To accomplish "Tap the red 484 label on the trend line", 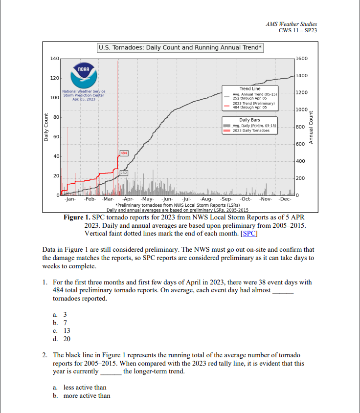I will tap(124, 153).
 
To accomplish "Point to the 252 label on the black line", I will tap(124, 173).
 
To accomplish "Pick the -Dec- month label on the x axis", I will tap(285, 199).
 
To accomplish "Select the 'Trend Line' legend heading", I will tap(249, 88).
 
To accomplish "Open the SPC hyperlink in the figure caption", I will tap(250, 234).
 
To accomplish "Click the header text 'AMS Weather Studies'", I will tap(292, 24).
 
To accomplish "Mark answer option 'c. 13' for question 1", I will tap(64, 330).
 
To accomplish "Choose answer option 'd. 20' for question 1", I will tap(64, 339).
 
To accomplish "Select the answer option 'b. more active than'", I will tap(82, 396).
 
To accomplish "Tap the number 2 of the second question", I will tap(45, 355).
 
